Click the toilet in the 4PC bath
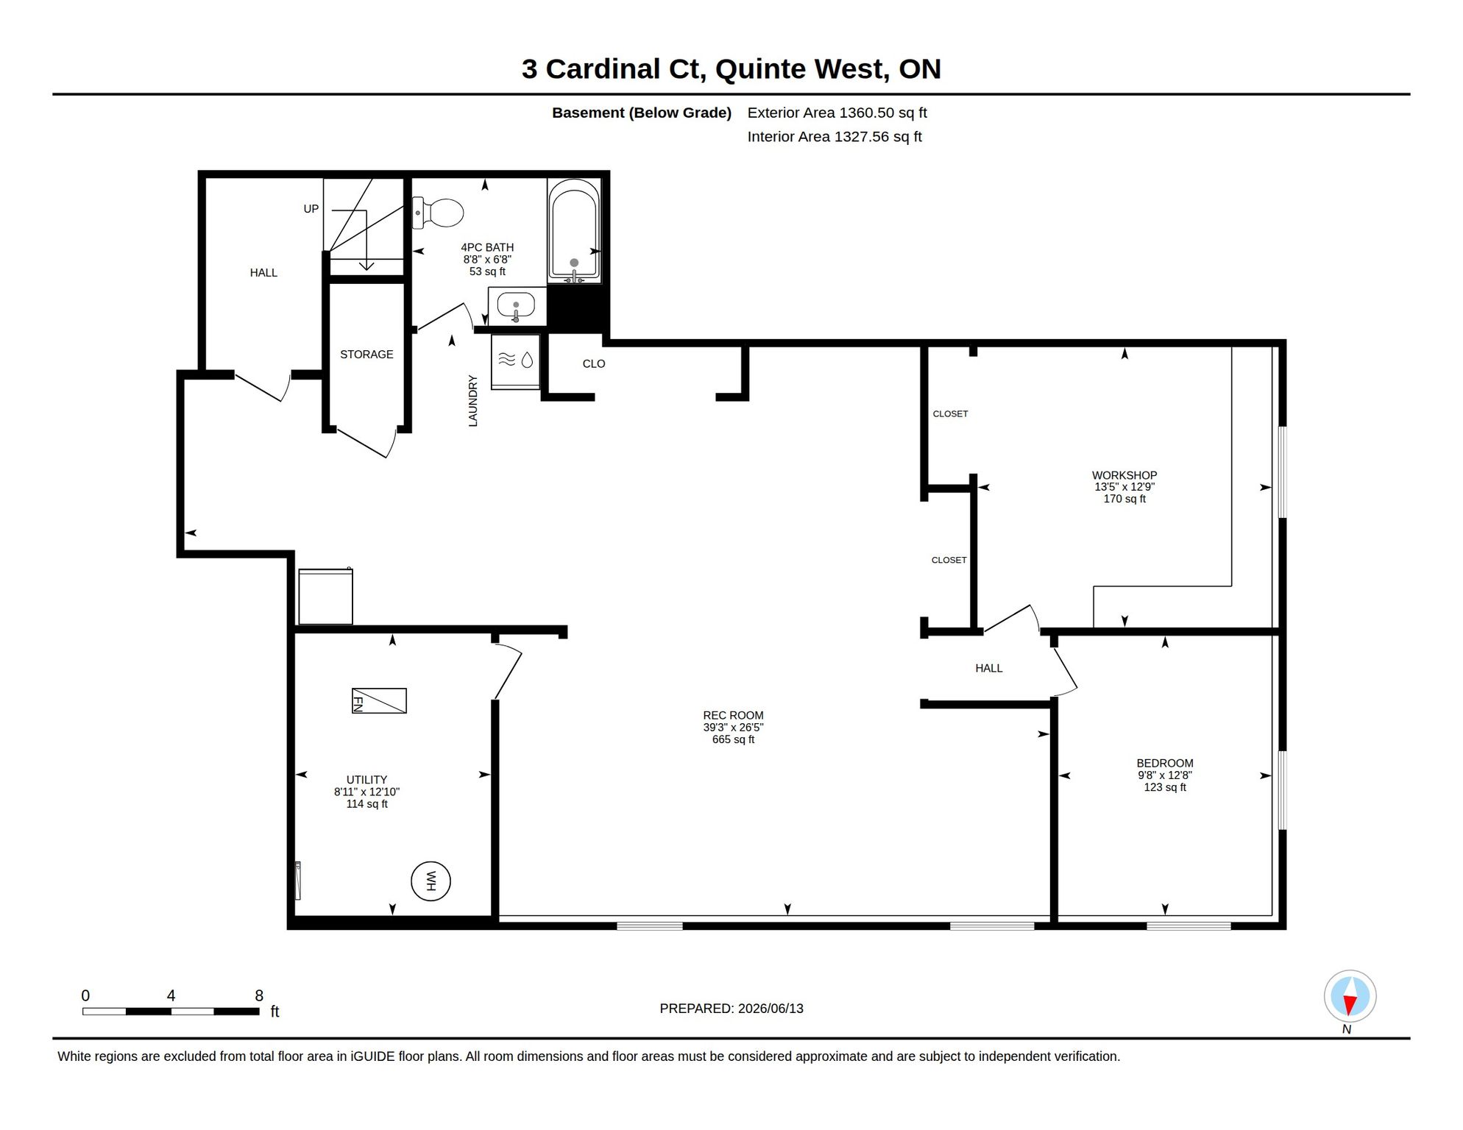(x=438, y=213)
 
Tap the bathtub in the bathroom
(x=574, y=231)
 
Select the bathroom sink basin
(x=516, y=305)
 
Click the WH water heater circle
(x=431, y=881)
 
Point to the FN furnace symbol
(x=379, y=700)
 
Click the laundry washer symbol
(x=516, y=360)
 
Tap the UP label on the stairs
(x=311, y=209)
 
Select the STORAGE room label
(x=366, y=355)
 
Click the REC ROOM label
(x=733, y=715)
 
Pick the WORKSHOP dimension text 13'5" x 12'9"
(x=1124, y=487)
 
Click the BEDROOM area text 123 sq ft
(x=1165, y=787)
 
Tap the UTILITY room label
(x=366, y=780)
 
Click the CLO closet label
(x=594, y=364)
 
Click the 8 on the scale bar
(x=259, y=996)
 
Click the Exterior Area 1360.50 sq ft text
(x=837, y=113)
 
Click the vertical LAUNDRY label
(x=473, y=401)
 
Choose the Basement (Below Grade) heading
(x=642, y=113)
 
